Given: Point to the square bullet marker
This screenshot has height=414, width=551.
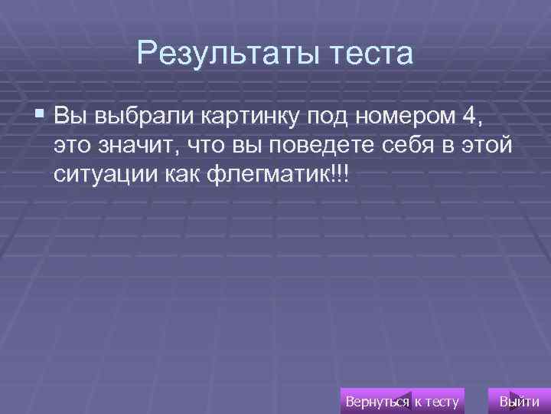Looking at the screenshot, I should click(x=40, y=115).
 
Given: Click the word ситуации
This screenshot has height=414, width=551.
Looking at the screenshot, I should click(x=106, y=174).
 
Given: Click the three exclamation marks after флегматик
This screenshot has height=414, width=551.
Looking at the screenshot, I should click(x=339, y=174).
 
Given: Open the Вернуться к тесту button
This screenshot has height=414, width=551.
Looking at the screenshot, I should click(x=403, y=400).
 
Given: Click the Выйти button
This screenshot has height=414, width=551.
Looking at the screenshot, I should click(x=518, y=400).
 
